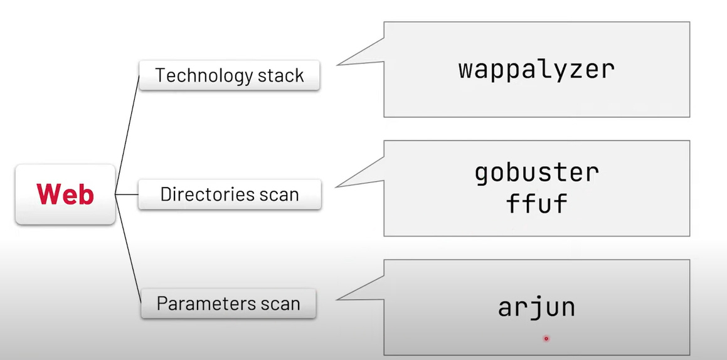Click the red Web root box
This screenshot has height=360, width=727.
point(65,194)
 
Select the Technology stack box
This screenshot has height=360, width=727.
point(230,76)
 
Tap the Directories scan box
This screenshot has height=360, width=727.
point(230,194)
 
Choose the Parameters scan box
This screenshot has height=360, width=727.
point(228,304)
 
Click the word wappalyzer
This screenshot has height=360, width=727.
point(536,69)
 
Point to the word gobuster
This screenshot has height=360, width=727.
point(536,172)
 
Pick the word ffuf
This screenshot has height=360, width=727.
point(536,204)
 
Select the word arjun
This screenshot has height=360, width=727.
point(536,307)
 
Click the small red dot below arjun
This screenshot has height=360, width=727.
point(546,339)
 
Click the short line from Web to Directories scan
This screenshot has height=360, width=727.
point(127,194)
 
